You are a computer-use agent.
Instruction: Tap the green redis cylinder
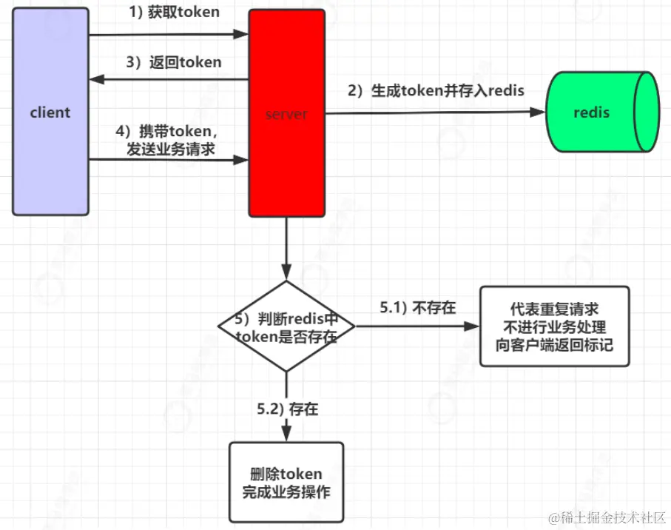click(600, 113)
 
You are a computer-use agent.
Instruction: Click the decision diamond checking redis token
click(286, 326)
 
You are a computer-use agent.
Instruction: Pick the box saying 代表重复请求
click(554, 326)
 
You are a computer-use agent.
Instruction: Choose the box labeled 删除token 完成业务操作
click(286, 482)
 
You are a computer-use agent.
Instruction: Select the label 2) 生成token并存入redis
click(436, 91)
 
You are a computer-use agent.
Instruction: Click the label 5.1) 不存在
click(418, 307)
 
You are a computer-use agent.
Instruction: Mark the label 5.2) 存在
click(287, 408)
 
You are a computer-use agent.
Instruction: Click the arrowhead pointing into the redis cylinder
click(539, 113)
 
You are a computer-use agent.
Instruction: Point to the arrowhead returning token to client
click(95, 79)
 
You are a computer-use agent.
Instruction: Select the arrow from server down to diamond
click(286, 248)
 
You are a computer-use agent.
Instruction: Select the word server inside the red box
click(286, 115)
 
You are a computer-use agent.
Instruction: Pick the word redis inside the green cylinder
click(592, 113)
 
